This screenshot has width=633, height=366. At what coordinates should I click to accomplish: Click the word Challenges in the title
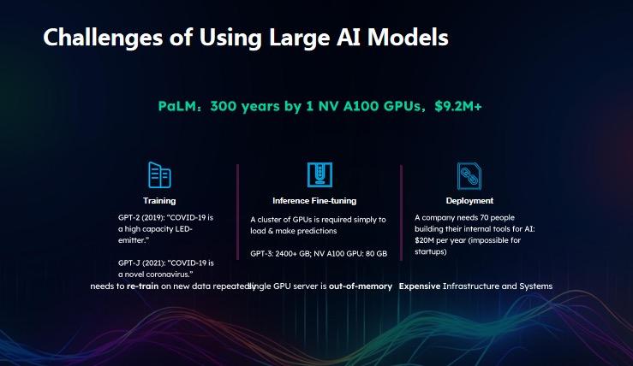[x=103, y=38]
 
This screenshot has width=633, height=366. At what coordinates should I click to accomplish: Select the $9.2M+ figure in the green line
[x=458, y=106]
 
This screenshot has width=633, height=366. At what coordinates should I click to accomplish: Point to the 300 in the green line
[x=224, y=106]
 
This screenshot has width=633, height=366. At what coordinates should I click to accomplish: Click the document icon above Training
[x=159, y=175]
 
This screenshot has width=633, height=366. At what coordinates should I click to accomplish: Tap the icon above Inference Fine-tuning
[x=319, y=174]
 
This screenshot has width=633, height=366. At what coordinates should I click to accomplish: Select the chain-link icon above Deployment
[x=469, y=176]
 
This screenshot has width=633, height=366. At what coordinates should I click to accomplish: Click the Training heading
[x=159, y=201]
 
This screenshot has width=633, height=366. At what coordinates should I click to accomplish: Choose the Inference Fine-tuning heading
[x=314, y=201]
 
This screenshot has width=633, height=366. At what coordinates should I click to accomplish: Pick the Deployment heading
[x=469, y=201]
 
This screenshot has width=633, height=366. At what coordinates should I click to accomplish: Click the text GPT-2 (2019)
[x=141, y=218]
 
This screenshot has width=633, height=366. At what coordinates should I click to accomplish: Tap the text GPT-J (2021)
[x=141, y=263]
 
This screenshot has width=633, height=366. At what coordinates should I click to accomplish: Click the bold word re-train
[x=142, y=286]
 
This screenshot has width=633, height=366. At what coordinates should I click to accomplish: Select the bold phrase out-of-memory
[x=361, y=286]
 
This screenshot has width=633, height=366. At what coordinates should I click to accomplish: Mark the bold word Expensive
[x=420, y=286]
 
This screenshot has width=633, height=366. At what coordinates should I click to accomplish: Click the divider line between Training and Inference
[x=238, y=212]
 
